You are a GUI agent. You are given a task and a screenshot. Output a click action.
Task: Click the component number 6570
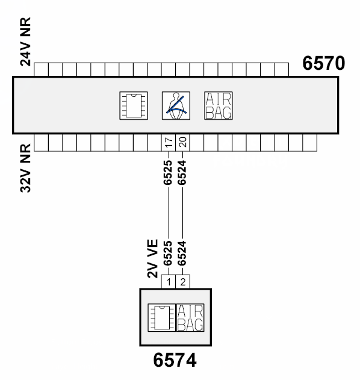323,63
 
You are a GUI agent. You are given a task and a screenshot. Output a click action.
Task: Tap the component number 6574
175,360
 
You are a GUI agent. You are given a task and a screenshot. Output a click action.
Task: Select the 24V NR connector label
25,42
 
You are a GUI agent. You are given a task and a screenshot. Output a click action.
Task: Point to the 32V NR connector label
25,169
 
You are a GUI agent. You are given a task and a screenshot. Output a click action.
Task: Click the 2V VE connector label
152,258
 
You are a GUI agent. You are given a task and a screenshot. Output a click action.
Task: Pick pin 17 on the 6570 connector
169,142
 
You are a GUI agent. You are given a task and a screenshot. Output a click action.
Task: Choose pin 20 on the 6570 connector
182,142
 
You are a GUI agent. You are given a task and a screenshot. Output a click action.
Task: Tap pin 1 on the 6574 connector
169,282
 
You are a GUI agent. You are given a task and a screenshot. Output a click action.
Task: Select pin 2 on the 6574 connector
182,282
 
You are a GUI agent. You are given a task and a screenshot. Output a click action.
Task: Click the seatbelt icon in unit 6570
176,105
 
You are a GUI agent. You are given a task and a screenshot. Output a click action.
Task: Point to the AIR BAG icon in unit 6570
219,105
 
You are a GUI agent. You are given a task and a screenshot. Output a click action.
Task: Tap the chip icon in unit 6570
134,105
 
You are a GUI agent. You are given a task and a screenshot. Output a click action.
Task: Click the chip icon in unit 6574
161,318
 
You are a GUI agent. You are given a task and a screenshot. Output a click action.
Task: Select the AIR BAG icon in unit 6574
190,318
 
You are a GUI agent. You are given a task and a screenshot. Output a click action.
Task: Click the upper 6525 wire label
168,172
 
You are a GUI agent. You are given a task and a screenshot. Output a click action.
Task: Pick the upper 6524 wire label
182,172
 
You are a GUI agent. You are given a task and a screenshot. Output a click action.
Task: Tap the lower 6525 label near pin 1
168,254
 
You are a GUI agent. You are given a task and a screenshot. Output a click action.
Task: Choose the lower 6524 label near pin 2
182,254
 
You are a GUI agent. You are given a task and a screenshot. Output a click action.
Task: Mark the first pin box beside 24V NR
41,69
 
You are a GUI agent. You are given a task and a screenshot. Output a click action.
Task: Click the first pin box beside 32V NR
41,143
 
